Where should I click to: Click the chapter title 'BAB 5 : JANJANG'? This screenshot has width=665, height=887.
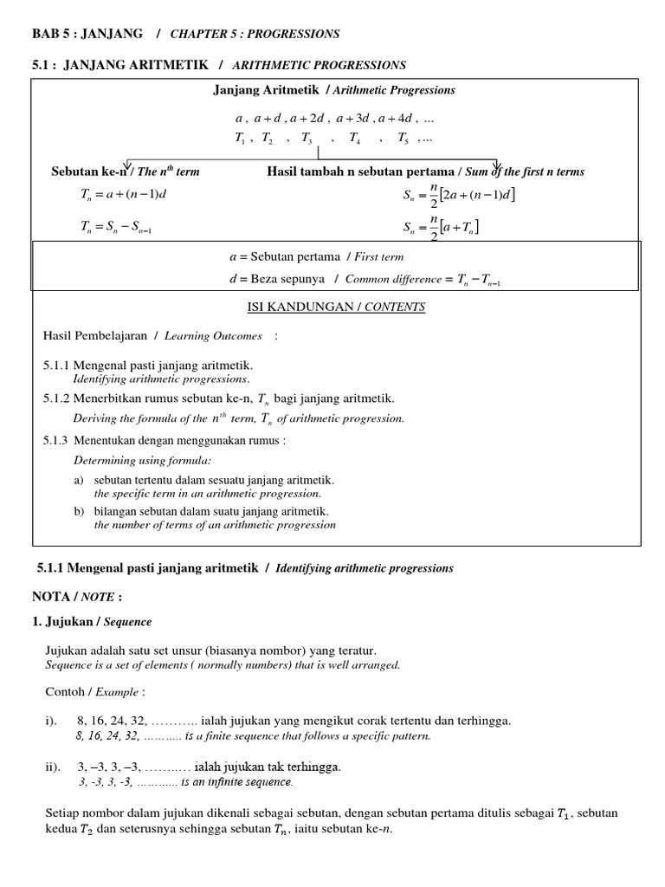tap(88, 34)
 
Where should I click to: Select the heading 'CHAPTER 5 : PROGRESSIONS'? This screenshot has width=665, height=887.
tap(255, 34)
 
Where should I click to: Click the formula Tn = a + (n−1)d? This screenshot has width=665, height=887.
tap(122, 194)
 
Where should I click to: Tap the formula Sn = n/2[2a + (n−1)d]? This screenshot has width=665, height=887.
tap(458, 196)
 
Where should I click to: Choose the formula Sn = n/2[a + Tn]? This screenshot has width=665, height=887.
tap(441, 229)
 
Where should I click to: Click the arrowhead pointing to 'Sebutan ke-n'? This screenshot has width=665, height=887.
tap(128, 165)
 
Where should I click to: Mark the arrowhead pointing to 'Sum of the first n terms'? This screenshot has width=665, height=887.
tap(496, 165)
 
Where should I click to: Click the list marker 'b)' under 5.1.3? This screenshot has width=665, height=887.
tap(79, 511)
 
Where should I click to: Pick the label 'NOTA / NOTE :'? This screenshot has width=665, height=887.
tap(76, 597)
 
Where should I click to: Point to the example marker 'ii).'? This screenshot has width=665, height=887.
tap(54, 767)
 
